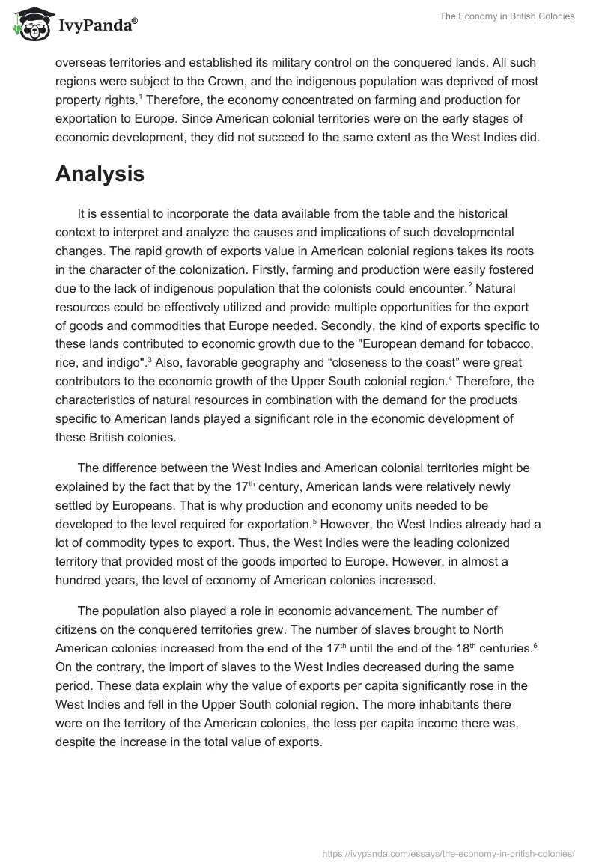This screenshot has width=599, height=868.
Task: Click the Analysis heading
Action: coord(100,174)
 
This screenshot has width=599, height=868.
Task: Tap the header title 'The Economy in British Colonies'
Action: coord(507,16)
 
